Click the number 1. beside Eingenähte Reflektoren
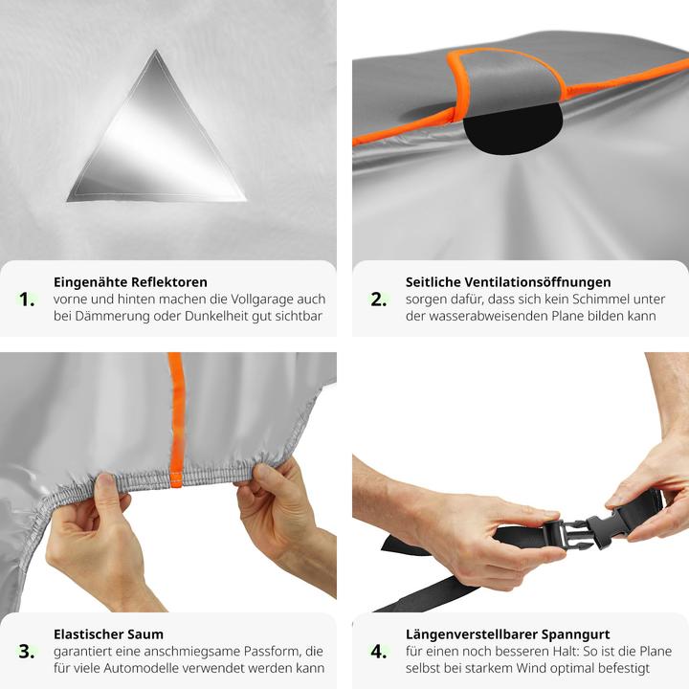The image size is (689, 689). click(27, 300)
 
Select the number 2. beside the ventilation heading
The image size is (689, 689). click(378, 300)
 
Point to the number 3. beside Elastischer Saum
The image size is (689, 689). click(27, 652)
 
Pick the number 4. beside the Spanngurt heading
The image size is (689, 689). click(379, 652)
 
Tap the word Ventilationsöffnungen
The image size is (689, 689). click(538, 282)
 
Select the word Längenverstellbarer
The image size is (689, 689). click(472, 634)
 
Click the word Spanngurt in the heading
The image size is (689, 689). click(576, 635)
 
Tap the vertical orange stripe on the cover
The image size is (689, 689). click(176, 420)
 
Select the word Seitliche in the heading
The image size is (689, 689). click(433, 282)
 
